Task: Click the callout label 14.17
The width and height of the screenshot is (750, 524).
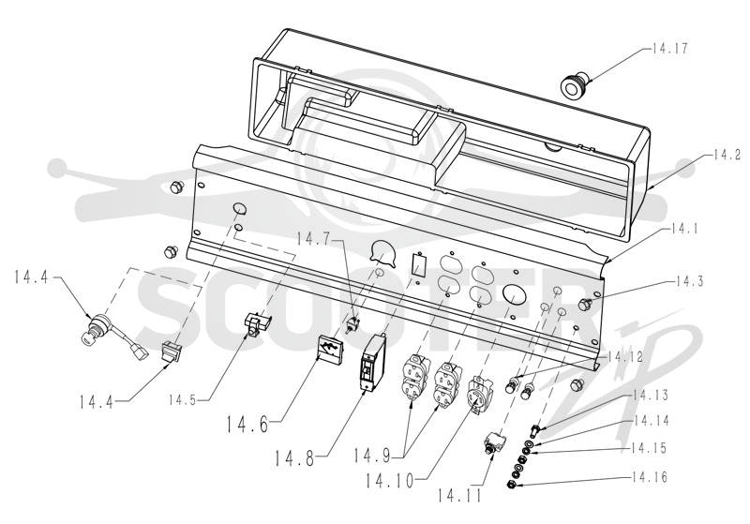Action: pos(669,49)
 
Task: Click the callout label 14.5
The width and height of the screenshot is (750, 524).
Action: pos(182,399)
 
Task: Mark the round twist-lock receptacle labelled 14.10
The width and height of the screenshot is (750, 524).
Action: pos(476,393)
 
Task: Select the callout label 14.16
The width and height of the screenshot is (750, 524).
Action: pos(650,477)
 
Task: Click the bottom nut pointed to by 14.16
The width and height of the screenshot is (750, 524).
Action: pos(512,486)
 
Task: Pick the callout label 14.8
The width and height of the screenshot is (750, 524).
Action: pos(294,458)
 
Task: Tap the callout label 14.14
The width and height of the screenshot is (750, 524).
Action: pos(651,421)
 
